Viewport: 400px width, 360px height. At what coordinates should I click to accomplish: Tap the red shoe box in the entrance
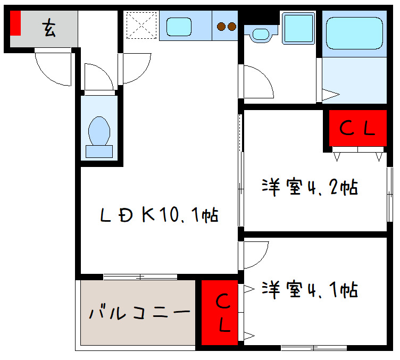[x=15, y=23]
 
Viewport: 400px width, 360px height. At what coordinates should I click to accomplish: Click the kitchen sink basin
[x=179, y=26]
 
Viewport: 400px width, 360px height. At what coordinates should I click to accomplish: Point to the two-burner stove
[x=226, y=26]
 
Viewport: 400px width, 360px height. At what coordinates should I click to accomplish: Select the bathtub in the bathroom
[x=354, y=32]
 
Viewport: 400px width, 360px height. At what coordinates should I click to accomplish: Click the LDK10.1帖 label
[x=159, y=215]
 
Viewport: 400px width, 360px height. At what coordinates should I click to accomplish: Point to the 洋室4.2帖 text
[x=309, y=188]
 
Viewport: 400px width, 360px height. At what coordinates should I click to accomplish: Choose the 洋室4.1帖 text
[x=309, y=290]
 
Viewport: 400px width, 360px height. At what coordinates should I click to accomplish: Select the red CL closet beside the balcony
[x=219, y=312]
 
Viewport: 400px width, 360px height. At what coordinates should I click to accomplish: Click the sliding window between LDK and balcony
[x=140, y=277]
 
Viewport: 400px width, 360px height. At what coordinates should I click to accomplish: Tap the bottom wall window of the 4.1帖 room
[x=314, y=348]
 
